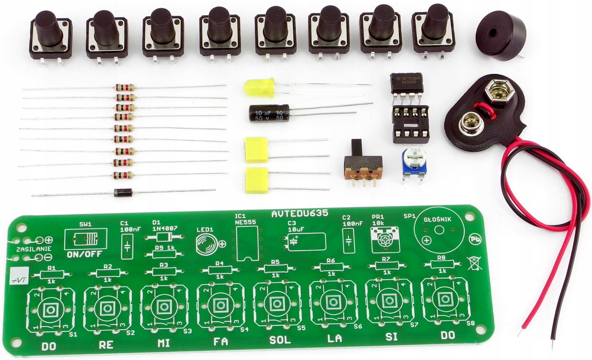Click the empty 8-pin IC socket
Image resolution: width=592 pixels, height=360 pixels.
(x=411, y=124)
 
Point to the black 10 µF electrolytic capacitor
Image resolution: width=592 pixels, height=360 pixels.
(x=269, y=113)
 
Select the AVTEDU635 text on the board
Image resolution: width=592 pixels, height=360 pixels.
(x=300, y=214)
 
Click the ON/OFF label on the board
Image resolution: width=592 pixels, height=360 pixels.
(x=85, y=255)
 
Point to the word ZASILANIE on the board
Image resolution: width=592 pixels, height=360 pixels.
(x=34, y=249)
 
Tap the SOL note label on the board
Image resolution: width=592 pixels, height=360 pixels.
(x=280, y=340)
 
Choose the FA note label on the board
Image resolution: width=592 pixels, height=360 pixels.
(x=221, y=342)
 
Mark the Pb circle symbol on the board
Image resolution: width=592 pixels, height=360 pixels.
(x=475, y=239)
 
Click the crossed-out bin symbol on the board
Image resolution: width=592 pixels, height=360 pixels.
(x=475, y=263)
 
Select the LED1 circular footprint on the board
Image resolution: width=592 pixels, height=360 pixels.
(x=207, y=244)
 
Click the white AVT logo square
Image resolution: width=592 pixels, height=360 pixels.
(x=19, y=276)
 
